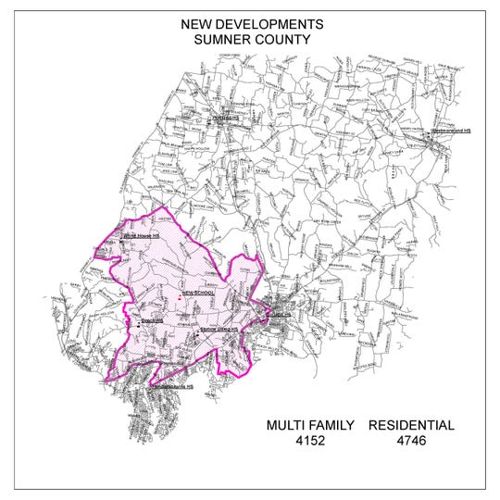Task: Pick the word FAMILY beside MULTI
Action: click(332, 426)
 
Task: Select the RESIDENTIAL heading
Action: click(411, 426)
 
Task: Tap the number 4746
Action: click(411, 443)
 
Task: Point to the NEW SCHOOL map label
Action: click(199, 293)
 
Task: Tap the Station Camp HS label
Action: click(219, 330)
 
